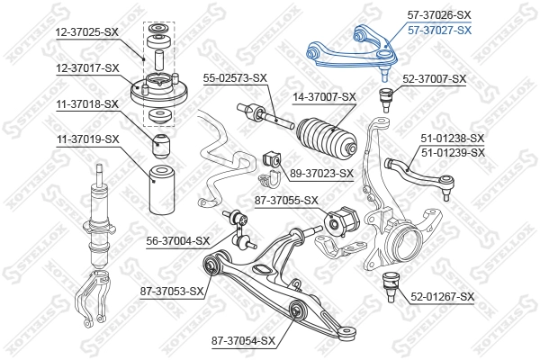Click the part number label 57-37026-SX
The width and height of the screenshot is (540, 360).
click(439, 15)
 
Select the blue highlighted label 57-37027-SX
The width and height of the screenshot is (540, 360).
click(439, 30)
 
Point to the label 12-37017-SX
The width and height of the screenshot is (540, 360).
click(86, 67)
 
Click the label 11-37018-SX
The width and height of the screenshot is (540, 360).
click(87, 104)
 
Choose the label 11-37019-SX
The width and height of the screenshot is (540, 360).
click(87, 139)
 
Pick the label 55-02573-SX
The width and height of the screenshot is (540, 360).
click(234, 76)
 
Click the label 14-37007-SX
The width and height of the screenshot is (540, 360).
click(324, 96)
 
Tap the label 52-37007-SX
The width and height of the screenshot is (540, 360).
click(435, 79)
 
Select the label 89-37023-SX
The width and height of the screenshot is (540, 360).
click(321, 173)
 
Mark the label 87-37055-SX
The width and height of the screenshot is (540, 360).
click(287, 201)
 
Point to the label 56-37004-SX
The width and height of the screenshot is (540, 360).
click(178, 240)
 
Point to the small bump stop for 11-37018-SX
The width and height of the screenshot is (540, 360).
click(162, 143)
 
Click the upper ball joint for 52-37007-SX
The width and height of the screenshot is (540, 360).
click(387, 95)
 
